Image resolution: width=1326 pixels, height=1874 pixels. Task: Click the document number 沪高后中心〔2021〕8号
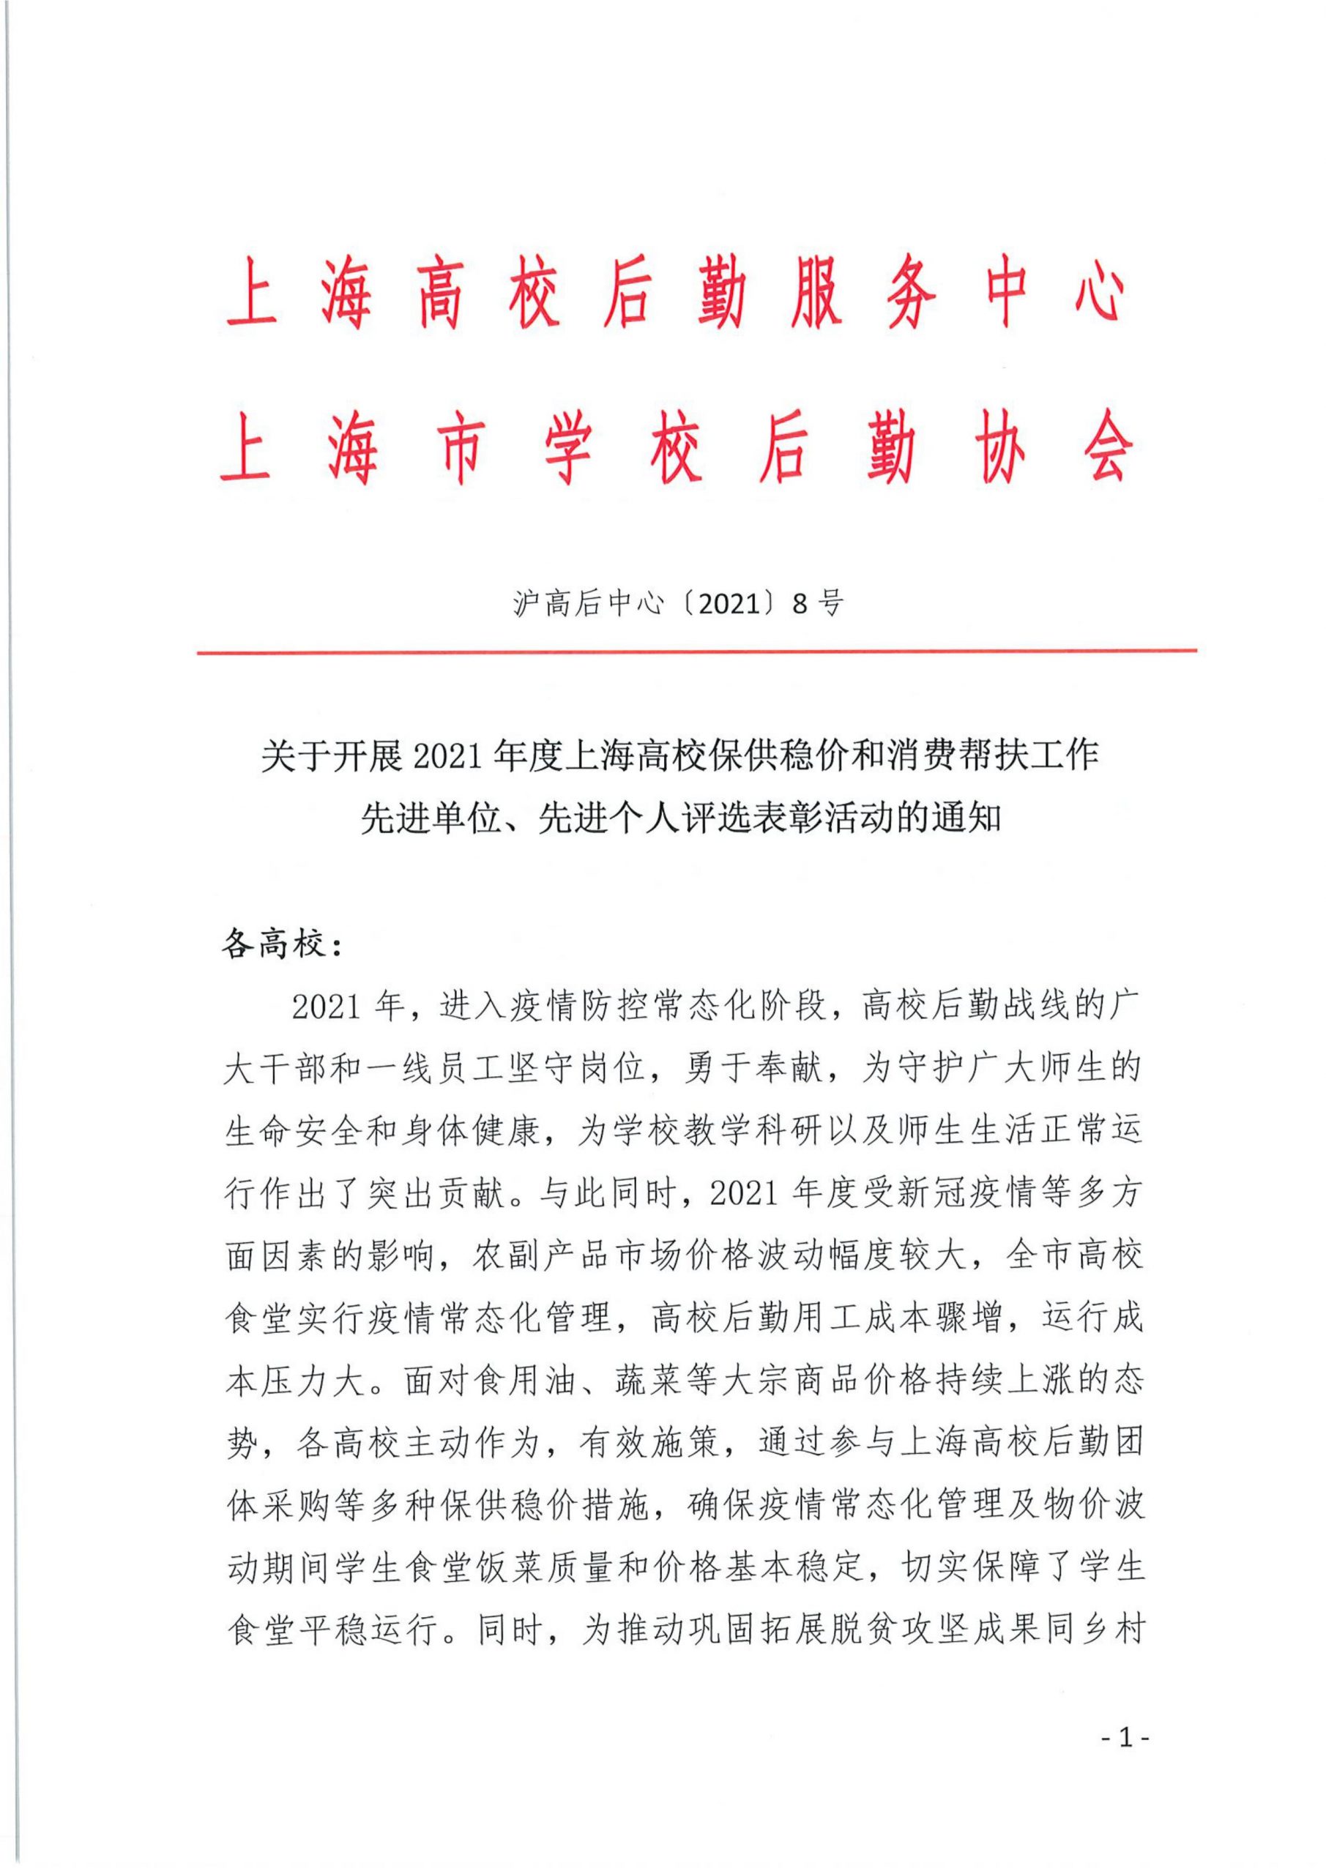point(678,603)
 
